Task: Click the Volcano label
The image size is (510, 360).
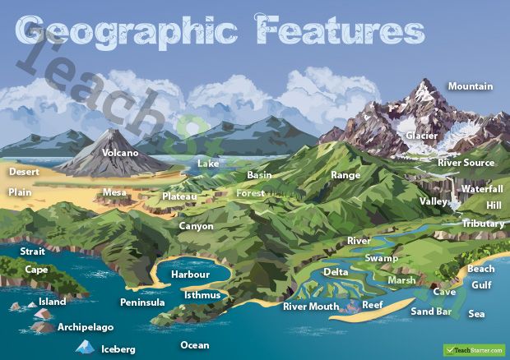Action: pyautogui.click(x=120, y=153)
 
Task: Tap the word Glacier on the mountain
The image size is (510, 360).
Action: pyautogui.click(x=421, y=136)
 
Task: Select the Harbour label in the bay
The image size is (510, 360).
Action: pyautogui.click(x=190, y=275)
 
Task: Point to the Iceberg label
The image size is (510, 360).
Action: pyautogui.click(x=118, y=349)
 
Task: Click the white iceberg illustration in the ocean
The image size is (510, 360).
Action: pyautogui.click(x=84, y=347)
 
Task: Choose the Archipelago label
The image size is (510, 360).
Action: pyautogui.click(x=86, y=327)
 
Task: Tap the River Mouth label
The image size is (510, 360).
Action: pyautogui.click(x=311, y=307)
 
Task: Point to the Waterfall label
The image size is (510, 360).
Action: pyautogui.click(x=481, y=189)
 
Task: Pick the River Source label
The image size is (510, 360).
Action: pyautogui.click(x=466, y=163)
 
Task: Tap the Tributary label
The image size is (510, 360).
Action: pyautogui.click(x=483, y=224)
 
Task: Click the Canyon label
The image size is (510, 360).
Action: pyautogui.click(x=196, y=226)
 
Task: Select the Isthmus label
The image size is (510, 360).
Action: pyautogui.click(x=202, y=294)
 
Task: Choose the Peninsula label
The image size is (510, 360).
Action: pyautogui.click(x=142, y=302)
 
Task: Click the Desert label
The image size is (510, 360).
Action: pyautogui.click(x=24, y=173)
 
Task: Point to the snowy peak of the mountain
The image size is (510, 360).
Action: pyautogui.click(x=424, y=85)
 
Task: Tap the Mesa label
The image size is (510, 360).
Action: pyautogui.click(x=114, y=193)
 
